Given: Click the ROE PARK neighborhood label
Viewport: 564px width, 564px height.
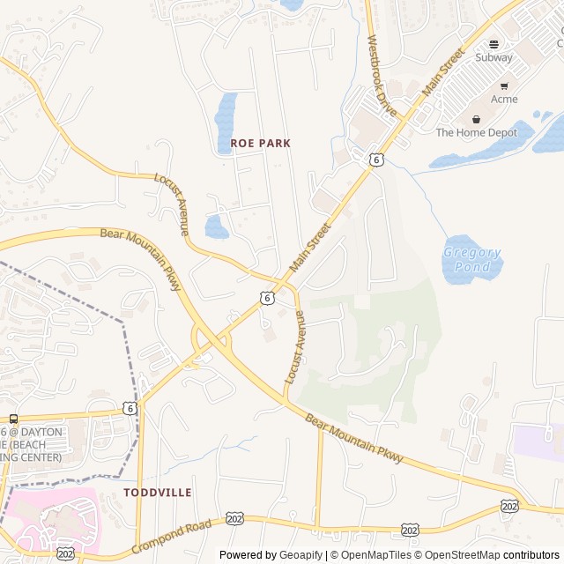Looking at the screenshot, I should (260, 143).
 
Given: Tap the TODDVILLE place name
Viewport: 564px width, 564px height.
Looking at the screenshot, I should (158, 492).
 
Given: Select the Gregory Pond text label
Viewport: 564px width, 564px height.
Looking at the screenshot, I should (471, 258).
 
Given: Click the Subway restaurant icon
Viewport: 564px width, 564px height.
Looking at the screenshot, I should (493, 44).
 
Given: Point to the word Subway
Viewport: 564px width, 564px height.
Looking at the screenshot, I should (493, 57).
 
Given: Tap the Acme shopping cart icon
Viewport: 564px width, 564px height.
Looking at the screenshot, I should (504, 86).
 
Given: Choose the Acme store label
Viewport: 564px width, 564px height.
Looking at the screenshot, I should (504, 100).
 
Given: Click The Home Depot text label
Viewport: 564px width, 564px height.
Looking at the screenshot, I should (477, 133).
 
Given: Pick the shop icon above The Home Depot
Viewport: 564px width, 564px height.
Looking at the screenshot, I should (477, 119).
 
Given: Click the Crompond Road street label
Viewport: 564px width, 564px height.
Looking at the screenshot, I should (172, 538).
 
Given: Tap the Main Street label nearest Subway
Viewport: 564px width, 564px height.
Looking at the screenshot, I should (443, 73).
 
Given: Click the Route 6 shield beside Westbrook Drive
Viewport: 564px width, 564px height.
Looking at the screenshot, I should (376, 160).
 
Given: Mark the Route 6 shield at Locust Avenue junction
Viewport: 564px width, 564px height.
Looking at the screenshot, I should (266, 298).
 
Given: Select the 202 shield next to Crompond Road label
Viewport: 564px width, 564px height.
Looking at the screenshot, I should (234, 518).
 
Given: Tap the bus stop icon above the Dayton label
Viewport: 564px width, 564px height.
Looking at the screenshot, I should (13, 419).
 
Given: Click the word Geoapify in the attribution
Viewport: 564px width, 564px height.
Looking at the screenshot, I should (302, 555).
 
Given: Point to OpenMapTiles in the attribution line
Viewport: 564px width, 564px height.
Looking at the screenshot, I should (375, 555).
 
